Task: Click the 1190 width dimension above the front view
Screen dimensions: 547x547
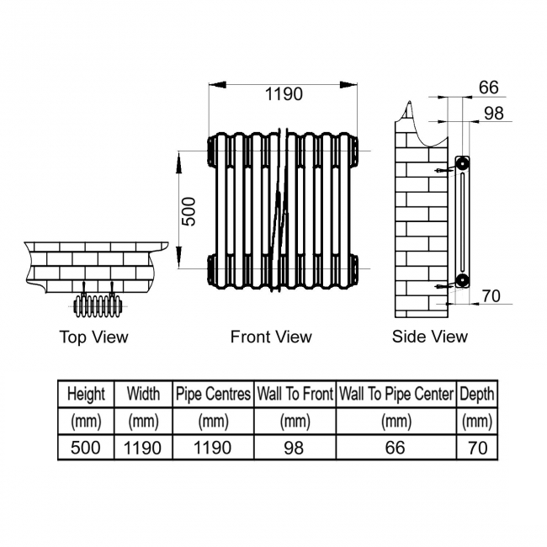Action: (284, 94)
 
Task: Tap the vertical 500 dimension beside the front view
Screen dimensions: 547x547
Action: (189, 211)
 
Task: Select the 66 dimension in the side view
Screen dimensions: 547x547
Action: (488, 88)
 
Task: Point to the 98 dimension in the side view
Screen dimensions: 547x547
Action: (494, 114)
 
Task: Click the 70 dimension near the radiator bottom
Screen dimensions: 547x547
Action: (491, 296)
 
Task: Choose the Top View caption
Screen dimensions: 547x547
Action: (94, 337)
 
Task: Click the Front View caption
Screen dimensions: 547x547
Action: (271, 337)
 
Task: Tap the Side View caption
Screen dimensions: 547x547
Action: (430, 337)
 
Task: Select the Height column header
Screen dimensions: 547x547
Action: (86, 394)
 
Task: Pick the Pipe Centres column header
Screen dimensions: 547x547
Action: (213, 394)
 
